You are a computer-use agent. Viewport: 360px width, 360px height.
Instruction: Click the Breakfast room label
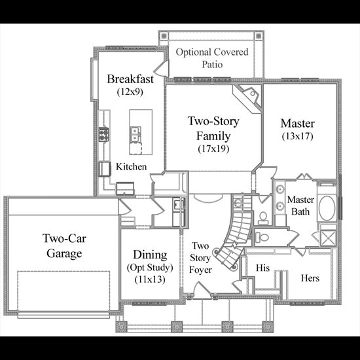(x=130, y=79)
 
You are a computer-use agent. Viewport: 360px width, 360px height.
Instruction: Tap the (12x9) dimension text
(x=130, y=92)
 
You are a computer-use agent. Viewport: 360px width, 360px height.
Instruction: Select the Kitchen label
(x=131, y=167)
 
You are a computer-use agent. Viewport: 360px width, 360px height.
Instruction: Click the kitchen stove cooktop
(x=104, y=134)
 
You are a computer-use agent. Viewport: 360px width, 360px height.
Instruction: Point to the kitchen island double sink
(x=135, y=134)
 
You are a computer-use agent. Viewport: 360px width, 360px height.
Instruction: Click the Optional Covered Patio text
(x=212, y=58)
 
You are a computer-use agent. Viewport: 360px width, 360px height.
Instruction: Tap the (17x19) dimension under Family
(x=213, y=149)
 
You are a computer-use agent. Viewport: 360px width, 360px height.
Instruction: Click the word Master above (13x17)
(x=298, y=123)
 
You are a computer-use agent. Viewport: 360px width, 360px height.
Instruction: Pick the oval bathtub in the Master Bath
(x=327, y=208)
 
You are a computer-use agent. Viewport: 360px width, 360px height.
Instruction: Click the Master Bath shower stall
(x=329, y=238)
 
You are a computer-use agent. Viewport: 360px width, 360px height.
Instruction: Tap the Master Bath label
(x=300, y=206)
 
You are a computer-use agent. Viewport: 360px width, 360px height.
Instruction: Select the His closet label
(x=262, y=268)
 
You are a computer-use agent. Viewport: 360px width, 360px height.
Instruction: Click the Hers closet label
(x=310, y=278)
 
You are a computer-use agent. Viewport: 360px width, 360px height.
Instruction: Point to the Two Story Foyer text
(x=200, y=258)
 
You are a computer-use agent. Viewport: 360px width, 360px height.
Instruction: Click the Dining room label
(x=150, y=255)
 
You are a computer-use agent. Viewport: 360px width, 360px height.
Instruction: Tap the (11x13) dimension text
(x=150, y=279)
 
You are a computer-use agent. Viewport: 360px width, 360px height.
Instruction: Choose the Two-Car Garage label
(x=64, y=246)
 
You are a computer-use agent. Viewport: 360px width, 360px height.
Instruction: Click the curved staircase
(x=236, y=239)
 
